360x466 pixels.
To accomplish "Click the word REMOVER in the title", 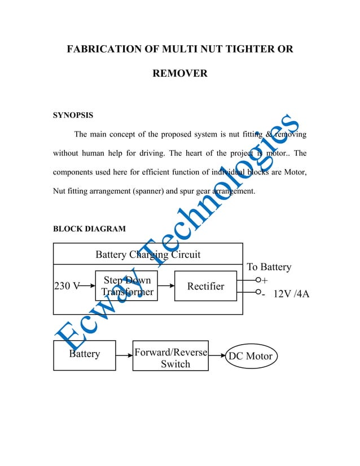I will [x=180, y=73].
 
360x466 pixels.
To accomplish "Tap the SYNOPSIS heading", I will [x=73, y=115].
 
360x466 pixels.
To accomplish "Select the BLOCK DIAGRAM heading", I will [x=89, y=228].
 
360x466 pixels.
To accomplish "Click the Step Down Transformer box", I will [x=127, y=286].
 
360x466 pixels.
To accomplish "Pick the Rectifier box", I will [x=205, y=286].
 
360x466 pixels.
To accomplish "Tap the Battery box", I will [x=84, y=355].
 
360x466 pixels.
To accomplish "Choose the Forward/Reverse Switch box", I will [x=170, y=356].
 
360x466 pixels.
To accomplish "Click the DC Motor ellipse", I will [x=250, y=356].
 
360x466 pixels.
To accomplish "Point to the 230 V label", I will [x=66, y=286].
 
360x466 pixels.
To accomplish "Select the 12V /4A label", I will [x=291, y=294].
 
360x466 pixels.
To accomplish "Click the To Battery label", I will [x=269, y=267].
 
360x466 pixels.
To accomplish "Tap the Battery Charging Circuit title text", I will [x=148, y=254].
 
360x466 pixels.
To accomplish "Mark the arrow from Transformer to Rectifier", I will [x=166, y=286].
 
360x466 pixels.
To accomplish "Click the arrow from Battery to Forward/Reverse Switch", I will [x=124, y=355].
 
